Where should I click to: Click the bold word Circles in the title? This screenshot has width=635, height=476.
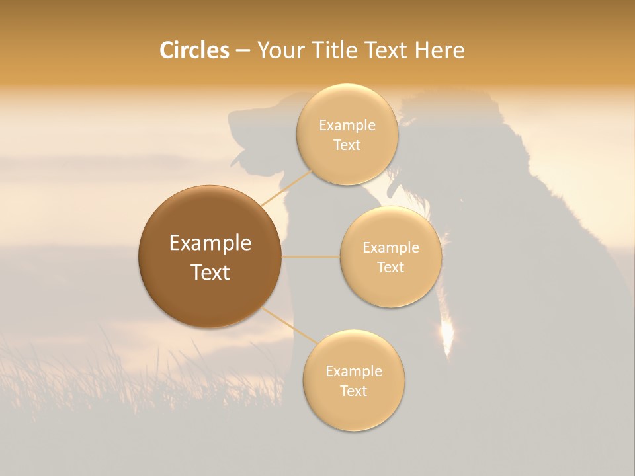coord(194,50)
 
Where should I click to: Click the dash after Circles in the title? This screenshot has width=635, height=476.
coord(243,51)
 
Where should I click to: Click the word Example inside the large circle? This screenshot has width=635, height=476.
coord(210,243)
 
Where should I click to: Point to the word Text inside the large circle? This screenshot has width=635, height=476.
coord(210,272)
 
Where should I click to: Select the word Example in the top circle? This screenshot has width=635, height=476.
coord(347,126)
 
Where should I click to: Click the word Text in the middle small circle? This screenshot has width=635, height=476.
coord(390,268)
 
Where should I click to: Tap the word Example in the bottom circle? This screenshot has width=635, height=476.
coord(353,372)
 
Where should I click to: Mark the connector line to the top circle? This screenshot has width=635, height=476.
coord(286,187)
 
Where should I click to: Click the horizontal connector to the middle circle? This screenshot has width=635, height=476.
coord(310,257)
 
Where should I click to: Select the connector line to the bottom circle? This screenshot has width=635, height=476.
coord(289,325)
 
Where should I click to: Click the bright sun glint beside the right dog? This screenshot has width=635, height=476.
coord(448,334)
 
